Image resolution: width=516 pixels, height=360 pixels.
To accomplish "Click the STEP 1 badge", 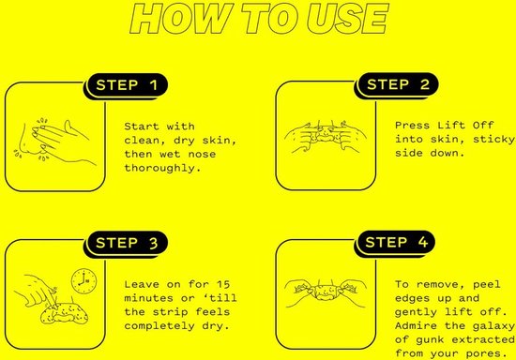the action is pyautogui.click(x=128, y=84).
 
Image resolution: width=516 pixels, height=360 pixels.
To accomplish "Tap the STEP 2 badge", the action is pyautogui.click(x=398, y=84).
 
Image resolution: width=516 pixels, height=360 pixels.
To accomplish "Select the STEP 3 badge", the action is pyautogui.click(x=128, y=243).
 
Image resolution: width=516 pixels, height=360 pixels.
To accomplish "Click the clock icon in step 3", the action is pyautogui.click(x=83, y=281).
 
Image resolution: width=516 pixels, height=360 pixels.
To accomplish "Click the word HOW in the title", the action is pyautogui.click(x=179, y=18).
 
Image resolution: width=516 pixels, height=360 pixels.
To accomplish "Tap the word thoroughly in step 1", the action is pyautogui.click(x=162, y=168).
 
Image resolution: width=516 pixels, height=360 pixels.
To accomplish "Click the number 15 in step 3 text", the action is pyautogui.click(x=223, y=284).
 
